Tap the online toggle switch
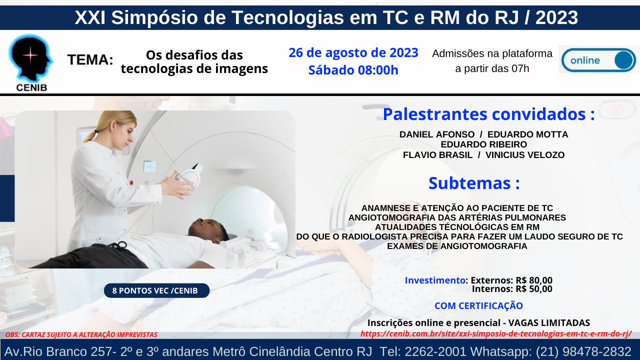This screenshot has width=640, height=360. coord(598,60)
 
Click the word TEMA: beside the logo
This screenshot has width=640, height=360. coord(90,59)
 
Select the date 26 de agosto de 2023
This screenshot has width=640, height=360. coord(353,52)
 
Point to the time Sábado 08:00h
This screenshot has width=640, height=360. coord(353,70)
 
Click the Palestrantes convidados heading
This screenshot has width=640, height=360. coord(489,114)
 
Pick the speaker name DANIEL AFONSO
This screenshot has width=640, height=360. coord(437,134)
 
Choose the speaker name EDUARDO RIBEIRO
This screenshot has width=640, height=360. coord(483,144)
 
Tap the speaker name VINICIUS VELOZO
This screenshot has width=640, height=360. coord(525,155)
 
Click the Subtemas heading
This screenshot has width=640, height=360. coord(474,183)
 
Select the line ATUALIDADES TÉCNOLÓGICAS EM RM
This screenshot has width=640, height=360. coord(457,227)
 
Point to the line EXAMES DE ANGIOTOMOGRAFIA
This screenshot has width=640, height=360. coord(457,246)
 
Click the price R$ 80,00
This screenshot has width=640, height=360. coord(534,280)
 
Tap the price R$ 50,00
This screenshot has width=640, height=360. coord(534,289)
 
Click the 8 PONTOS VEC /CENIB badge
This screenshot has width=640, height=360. coord(156,290)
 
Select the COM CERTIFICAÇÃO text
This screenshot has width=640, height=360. coord(478,305)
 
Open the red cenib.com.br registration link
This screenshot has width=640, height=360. coord(496,333)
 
